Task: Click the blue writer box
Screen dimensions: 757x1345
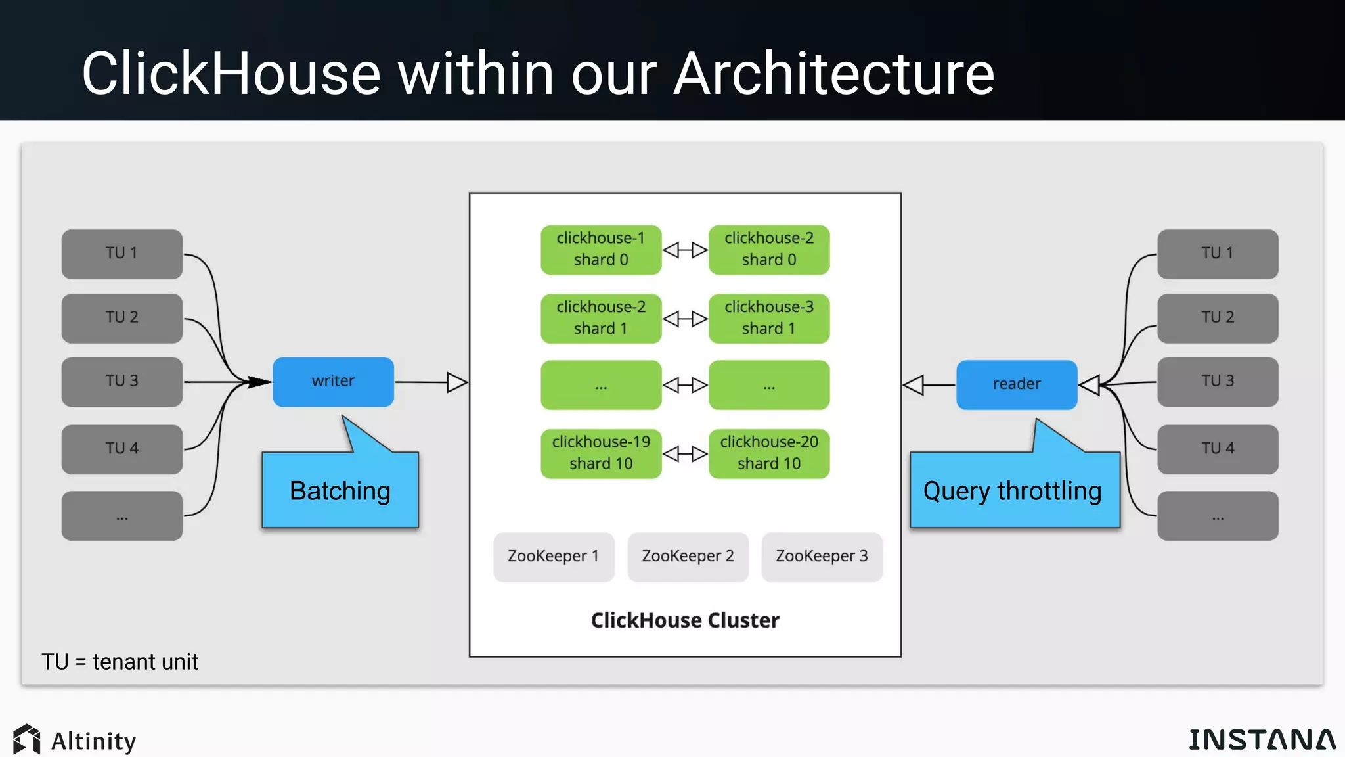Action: [x=333, y=382]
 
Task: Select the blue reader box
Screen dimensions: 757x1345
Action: [x=1016, y=384]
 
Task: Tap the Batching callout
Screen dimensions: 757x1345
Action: [x=340, y=490]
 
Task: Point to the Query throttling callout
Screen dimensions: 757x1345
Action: [x=1014, y=490]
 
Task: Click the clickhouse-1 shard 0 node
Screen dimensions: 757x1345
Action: [x=600, y=250]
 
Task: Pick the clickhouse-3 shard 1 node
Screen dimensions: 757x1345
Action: [x=768, y=319]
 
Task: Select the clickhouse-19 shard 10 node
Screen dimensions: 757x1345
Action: [x=600, y=453]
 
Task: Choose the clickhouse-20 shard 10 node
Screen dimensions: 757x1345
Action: [x=768, y=453]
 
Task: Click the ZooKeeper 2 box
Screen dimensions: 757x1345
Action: [x=688, y=557]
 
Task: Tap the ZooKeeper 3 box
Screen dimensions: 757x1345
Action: [x=822, y=557]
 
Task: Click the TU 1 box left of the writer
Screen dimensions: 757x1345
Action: [x=121, y=254]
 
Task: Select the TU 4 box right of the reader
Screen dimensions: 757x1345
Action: [x=1217, y=449]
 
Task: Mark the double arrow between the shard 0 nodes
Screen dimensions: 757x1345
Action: [x=685, y=250]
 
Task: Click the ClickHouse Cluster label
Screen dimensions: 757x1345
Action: [x=685, y=620]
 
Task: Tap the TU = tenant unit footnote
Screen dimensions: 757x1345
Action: [x=120, y=662]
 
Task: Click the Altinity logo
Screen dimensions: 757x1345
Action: [x=74, y=741]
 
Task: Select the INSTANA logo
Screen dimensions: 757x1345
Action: [x=1262, y=740]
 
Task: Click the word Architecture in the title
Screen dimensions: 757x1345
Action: [x=833, y=74]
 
